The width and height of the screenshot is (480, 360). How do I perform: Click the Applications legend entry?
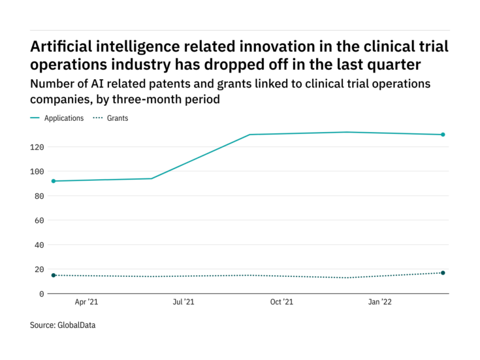(63, 118)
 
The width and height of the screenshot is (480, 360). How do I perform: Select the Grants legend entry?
(118, 118)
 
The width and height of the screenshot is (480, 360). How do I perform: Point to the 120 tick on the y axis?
(37, 147)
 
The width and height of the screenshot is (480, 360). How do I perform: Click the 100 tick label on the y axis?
(37, 171)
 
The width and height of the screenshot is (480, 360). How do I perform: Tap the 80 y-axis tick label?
(39, 196)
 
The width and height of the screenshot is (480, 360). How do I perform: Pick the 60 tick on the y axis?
(39, 220)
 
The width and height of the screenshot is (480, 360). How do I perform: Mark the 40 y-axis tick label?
(39, 245)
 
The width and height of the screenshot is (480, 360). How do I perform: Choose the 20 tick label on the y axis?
(39, 269)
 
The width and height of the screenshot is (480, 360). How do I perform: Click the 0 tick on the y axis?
(41, 294)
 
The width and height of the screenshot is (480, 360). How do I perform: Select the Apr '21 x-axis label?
(86, 303)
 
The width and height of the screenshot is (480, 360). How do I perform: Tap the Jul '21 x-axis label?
(184, 303)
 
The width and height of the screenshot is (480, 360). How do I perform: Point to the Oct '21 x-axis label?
(281, 303)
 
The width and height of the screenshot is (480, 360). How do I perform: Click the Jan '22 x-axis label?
(380, 303)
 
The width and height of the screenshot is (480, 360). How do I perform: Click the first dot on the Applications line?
(54, 181)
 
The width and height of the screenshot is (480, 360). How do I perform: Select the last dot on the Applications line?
(443, 135)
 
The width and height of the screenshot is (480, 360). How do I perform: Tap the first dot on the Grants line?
(54, 275)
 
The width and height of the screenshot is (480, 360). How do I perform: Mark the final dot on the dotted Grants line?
(443, 272)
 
